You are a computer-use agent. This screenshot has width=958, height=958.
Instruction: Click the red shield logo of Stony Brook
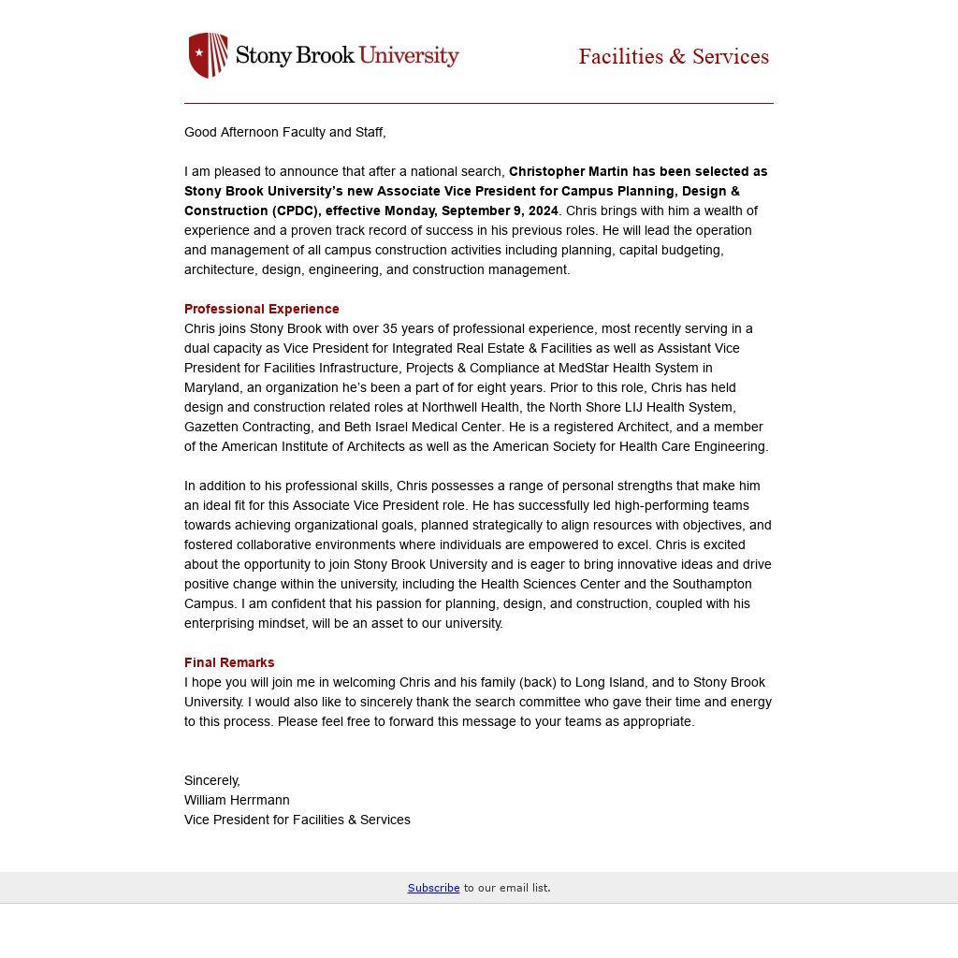pyautogui.click(x=208, y=55)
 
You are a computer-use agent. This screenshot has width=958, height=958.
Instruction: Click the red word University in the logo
pyautogui.click(x=409, y=55)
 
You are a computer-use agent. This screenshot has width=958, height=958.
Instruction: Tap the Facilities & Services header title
pyautogui.click(x=674, y=57)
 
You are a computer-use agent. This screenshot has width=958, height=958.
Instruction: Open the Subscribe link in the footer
pyautogui.click(x=433, y=888)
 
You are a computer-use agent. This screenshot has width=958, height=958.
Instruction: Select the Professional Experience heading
pyautogui.click(x=262, y=309)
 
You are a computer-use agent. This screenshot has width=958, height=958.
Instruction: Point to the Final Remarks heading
pyautogui.click(x=229, y=662)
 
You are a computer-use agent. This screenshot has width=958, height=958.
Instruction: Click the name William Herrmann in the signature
pyautogui.click(x=237, y=800)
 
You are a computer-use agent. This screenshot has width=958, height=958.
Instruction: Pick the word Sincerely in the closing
pyautogui.click(x=211, y=780)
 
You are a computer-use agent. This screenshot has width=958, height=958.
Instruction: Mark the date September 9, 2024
pyautogui.click(x=500, y=210)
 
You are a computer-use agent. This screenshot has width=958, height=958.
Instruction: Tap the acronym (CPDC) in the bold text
pyautogui.click(x=297, y=210)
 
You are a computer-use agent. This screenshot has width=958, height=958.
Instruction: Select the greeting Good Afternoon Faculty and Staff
pyautogui.click(x=284, y=132)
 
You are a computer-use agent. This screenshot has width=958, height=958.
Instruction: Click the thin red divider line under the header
pyautogui.click(x=479, y=103)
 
